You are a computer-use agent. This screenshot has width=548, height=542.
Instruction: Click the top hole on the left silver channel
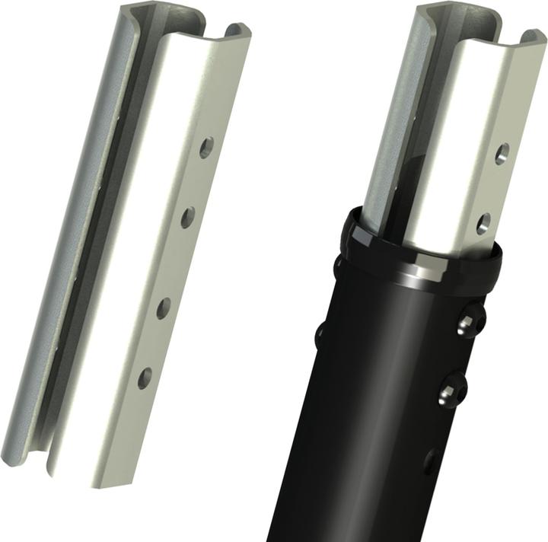click(206, 147)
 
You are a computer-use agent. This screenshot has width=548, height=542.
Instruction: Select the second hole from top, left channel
click(187, 218)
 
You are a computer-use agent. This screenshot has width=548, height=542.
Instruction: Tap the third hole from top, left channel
click(164, 308)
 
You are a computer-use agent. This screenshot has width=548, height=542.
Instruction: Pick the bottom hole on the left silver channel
click(144, 376)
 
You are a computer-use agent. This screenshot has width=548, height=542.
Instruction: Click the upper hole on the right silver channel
click(502, 154)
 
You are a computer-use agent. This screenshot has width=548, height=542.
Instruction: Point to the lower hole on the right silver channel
click(483, 224)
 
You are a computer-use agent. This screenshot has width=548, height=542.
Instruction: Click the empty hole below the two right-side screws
click(430, 460)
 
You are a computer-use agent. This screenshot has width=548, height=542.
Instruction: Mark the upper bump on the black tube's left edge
click(338, 266)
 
